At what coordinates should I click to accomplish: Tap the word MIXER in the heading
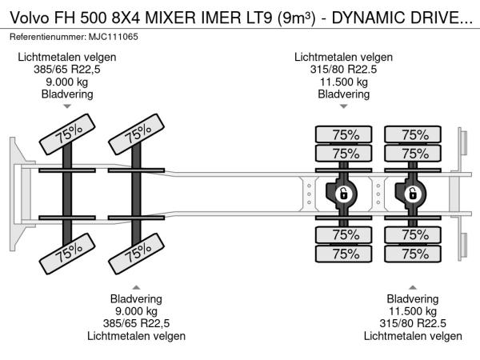pyautogui.click(x=190, y=17)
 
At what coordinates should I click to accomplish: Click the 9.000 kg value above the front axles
pyautogui.click(x=67, y=82)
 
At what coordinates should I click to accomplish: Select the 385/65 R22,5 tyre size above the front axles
pyautogui.click(x=67, y=70)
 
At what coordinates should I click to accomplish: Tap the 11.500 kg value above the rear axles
pyautogui.click(x=343, y=82)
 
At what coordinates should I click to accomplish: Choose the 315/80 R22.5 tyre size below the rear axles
pyautogui.click(x=414, y=323)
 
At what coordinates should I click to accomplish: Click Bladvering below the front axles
pyautogui.click(x=136, y=299)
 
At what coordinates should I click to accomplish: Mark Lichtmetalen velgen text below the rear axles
pyautogui.click(x=414, y=335)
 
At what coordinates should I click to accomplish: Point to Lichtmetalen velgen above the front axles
pyautogui.click(x=67, y=57)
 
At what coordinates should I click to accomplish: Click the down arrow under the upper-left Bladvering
pyautogui.click(x=67, y=106)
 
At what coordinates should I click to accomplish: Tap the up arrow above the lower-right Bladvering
pyautogui.click(x=414, y=287)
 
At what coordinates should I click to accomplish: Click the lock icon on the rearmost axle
pyautogui.click(x=413, y=194)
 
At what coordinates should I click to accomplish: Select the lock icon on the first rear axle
pyautogui.click(x=343, y=194)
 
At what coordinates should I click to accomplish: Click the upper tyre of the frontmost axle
pyautogui.click(x=67, y=137)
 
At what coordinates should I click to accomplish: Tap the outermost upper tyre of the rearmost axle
pyautogui.click(x=413, y=134)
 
